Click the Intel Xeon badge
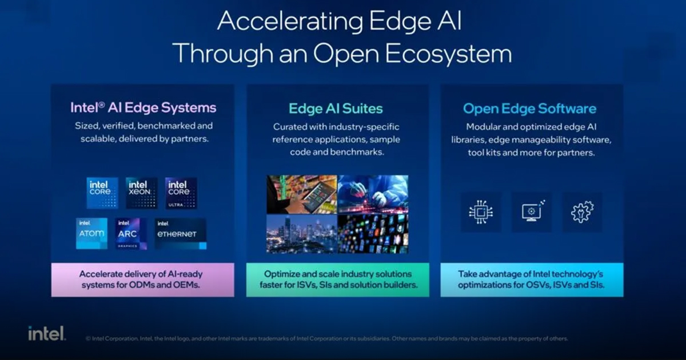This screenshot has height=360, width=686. coord(141,193)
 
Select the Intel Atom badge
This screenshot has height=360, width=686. coord(91,233)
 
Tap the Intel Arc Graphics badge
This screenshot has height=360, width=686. coord(131,233)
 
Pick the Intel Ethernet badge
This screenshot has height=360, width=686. coord(180,233)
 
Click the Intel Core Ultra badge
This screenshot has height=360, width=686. coord(181,193)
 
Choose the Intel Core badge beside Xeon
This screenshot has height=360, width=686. coord(102,193)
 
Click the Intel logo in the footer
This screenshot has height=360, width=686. coord(47,334)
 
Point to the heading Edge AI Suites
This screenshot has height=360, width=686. coord(336,108)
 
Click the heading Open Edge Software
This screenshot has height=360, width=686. coord(529,108)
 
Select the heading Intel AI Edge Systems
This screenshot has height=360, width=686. coord(143,107)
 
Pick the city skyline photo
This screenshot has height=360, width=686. coord(301,233)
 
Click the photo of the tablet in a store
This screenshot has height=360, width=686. coord(301,194)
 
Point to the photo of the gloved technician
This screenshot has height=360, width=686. coord(373,194)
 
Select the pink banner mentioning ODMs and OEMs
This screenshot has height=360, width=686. coord(142,279)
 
